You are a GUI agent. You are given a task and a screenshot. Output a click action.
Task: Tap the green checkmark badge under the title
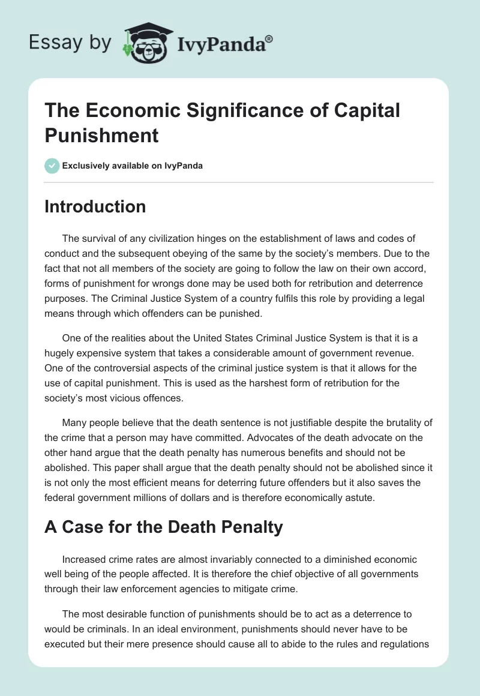pyautogui.click(x=52, y=166)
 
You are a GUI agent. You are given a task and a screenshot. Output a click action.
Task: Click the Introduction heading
pyautogui.click(x=95, y=206)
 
